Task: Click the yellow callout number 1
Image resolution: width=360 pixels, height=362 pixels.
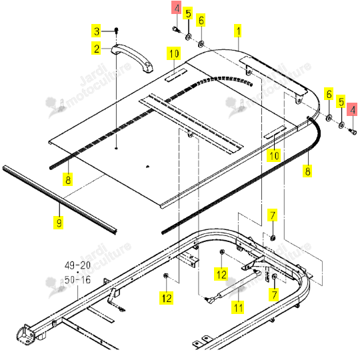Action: click(x=238, y=31)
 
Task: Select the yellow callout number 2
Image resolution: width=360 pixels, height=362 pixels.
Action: click(x=97, y=48)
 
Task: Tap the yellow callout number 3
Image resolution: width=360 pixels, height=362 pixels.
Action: click(x=97, y=31)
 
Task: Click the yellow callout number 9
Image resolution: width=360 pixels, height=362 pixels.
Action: click(x=59, y=223)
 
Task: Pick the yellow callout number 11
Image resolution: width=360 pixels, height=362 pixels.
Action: click(x=238, y=307)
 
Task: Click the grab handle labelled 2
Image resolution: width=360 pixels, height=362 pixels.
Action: click(x=133, y=58)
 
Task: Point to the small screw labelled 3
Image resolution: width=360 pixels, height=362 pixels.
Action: click(x=117, y=30)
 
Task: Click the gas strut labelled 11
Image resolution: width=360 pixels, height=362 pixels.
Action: click(x=233, y=287)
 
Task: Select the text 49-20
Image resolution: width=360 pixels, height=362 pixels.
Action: click(x=77, y=265)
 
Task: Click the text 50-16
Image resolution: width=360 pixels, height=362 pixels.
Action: click(x=77, y=280)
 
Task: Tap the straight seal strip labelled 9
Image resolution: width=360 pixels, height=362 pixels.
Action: click(x=59, y=200)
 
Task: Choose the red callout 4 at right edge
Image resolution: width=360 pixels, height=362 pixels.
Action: click(x=353, y=109)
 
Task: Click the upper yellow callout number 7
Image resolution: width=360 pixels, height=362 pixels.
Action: click(x=273, y=215)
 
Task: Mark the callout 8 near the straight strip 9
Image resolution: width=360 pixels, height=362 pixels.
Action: click(x=68, y=179)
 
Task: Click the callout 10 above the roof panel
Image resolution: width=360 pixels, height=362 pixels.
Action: click(x=173, y=53)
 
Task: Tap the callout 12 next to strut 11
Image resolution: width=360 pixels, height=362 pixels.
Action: click(x=221, y=274)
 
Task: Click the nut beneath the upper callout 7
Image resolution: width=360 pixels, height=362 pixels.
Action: click(x=273, y=237)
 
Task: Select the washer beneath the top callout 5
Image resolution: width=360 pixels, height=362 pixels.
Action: click(x=189, y=37)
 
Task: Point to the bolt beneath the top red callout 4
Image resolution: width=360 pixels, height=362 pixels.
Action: click(x=177, y=29)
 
